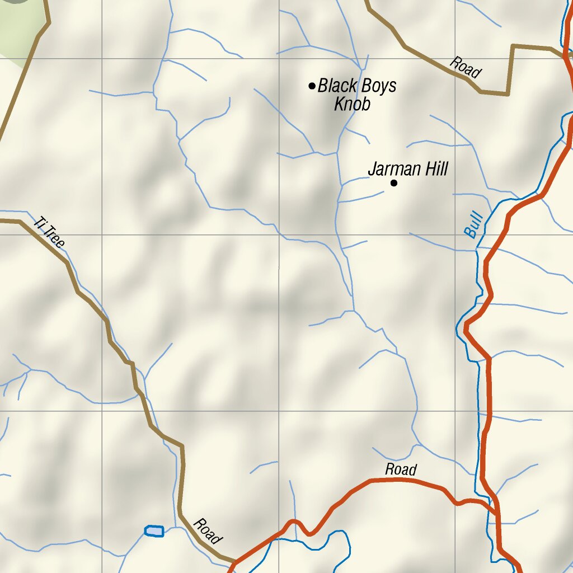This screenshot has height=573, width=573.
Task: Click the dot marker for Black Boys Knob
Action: [x=312, y=86]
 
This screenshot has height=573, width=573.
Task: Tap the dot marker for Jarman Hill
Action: [x=394, y=183]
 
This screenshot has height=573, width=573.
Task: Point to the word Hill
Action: [x=435, y=169]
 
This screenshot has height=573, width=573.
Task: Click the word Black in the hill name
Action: [x=338, y=86]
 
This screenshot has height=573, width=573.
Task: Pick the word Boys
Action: [x=378, y=86]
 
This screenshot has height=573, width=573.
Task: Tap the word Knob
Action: [x=352, y=104]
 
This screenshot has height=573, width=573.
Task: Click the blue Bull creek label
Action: [x=473, y=224]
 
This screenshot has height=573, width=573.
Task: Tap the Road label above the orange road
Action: [x=401, y=469]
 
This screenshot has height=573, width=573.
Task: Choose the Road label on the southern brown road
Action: [x=207, y=532]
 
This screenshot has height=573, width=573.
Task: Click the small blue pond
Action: [x=154, y=530]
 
